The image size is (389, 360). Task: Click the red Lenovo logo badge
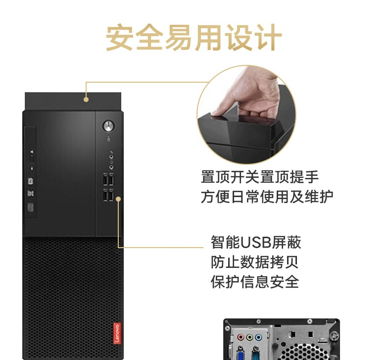pyautogui.click(x=117, y=333)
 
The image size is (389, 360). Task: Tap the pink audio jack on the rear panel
pyautogui.click(x=241, y=337)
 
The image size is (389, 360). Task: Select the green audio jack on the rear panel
pyautogui.click(x=249, y=337)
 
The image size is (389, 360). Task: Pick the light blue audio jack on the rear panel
pyautogui.click(x=258, y=337)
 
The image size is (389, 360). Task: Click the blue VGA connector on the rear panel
pyautogui.click(x=240, y=353)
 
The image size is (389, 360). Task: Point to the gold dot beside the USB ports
pyautogui.click(x=118, y=199)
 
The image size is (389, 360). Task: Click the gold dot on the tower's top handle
pyautogui.click(x=86, y=100)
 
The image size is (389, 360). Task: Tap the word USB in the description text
pyautogui.click(x=255, y=242)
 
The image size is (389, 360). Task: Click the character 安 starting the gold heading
pyautogui.click(x=120, y=38)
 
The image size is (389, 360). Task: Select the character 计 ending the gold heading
pyautogui.click(x=268, y=38)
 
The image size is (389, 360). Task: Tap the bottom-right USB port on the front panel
pyautogui.click(x=111, y=196)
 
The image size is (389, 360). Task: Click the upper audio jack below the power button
pyautogui.click(x=111, y=156)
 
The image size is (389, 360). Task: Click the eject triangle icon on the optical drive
pyautogui.click(x=32, y=151)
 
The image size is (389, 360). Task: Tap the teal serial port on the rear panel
pyautogui.click(x=255, y=353)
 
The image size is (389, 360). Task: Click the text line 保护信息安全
pyautogui.click(x=255, y=282)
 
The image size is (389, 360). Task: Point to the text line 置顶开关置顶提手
pyautogui.click(x=260, y=177)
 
